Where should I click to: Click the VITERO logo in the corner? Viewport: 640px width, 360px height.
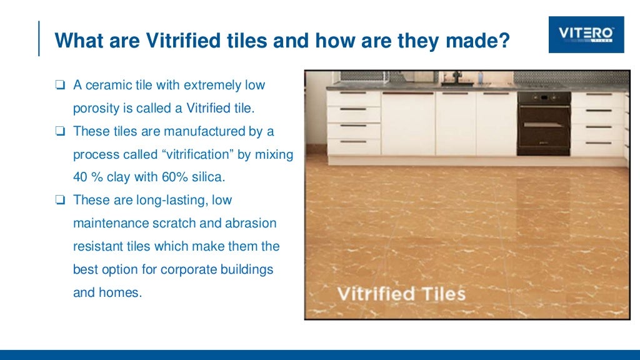(586, 34)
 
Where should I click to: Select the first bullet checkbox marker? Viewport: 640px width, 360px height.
(60, 84)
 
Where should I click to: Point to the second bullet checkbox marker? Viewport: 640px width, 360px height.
(60, 131)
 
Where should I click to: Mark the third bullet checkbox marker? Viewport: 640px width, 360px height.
(60, 201)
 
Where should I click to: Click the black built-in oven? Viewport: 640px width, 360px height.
(543, 123)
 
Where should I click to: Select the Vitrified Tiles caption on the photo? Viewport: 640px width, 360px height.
(401, 293)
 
